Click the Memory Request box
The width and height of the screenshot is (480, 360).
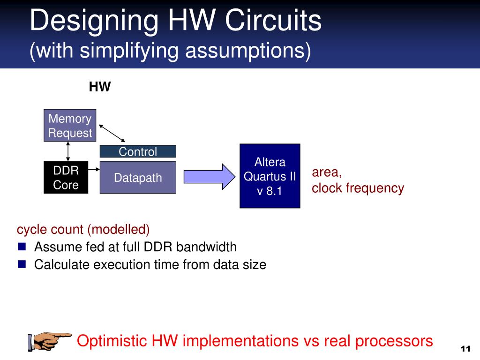click(x=70, y=126)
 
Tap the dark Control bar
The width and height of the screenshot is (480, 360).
click(x=138, y=151)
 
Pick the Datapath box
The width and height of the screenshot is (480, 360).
click(x=138, y=178)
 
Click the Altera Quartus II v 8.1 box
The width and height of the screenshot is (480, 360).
click(x=270, y=176)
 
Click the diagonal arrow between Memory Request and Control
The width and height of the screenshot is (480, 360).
click(x=112, y=133)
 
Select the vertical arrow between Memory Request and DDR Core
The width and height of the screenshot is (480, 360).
click(x=68, y=151)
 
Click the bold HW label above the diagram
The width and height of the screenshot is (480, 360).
click(x=100, y=87)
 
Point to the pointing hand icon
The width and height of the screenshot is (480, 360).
click(x=50, y=341)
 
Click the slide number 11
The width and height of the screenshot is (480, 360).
click(x=465, y=349)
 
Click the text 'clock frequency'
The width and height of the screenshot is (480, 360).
click(x=358, y=188)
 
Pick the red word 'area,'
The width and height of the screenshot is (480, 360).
click(x=327, y=172)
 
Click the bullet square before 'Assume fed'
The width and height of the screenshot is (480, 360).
click(x=22, y=246)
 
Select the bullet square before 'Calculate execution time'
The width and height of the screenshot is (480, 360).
click(x=22, y=264)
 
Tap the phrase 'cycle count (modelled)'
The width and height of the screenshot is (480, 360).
click(x=83, y=230)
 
